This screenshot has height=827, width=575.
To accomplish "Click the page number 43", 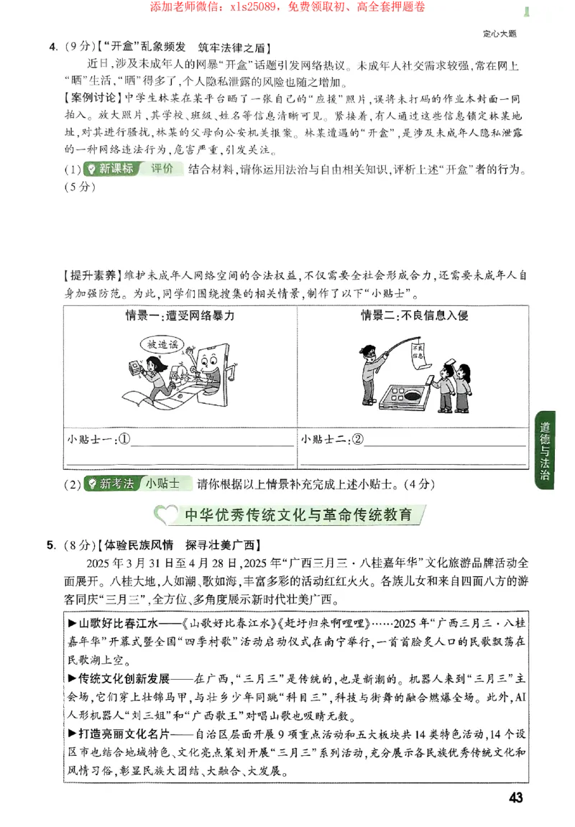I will tap(515, 798).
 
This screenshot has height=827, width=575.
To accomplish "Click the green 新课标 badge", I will tap(109, 170).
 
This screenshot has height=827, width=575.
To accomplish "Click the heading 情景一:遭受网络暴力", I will tap(180, 315).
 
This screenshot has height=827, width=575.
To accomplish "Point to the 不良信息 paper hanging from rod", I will tap(417, 355).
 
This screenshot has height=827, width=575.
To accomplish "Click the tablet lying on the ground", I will tap(402, 396).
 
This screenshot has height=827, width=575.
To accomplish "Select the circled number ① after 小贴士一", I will tap(124, 438).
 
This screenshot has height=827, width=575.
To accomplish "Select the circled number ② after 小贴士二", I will tap(356, 438).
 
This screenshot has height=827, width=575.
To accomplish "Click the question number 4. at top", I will tap(53, 47).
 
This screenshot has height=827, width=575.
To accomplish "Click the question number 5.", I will tap(51, 545).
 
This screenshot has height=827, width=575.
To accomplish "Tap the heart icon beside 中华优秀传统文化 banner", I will tap(166, 515).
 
